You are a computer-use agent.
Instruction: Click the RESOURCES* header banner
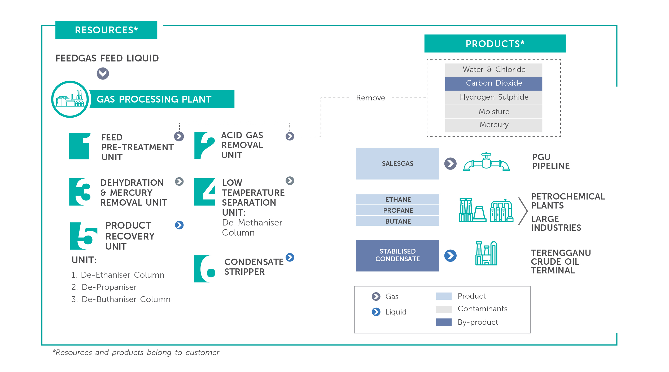tap(106, 30)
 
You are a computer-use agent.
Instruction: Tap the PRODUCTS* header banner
tap(495, 43)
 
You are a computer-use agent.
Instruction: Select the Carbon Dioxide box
tap(494, 83)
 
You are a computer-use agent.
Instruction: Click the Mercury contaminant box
tap(494, 125)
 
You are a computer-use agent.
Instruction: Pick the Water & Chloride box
tap(494, 70)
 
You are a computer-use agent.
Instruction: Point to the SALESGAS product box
tap(397, 163)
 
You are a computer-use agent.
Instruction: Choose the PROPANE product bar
tap(397, 210)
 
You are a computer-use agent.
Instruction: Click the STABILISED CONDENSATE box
tap(397, 255)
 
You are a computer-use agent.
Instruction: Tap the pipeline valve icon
tap(486, 162)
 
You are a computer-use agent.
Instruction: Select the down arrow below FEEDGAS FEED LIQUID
tap(103, 73)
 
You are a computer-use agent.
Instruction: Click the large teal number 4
tap(204, 192)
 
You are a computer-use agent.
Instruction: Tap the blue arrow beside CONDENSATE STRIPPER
tap(290, 257)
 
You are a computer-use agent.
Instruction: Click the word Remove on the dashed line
tap(370, 98)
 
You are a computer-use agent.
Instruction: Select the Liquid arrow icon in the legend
tap(376, 312)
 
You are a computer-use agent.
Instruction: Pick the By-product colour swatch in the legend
tap(444, 322)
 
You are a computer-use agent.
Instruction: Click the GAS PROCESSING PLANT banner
tap(162, 99)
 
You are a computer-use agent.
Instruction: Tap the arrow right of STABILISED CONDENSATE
tap(450, 256)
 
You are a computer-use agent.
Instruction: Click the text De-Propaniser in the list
tap(109, 287)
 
